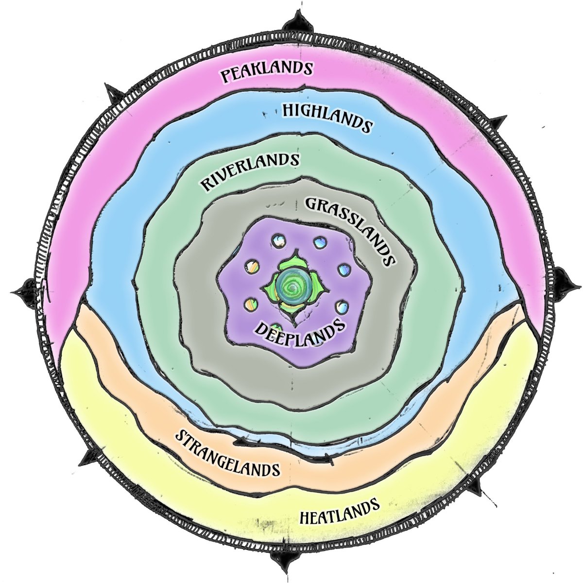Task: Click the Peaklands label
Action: coord(266,71)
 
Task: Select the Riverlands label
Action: coord(250,171)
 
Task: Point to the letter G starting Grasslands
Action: coord(311,203)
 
